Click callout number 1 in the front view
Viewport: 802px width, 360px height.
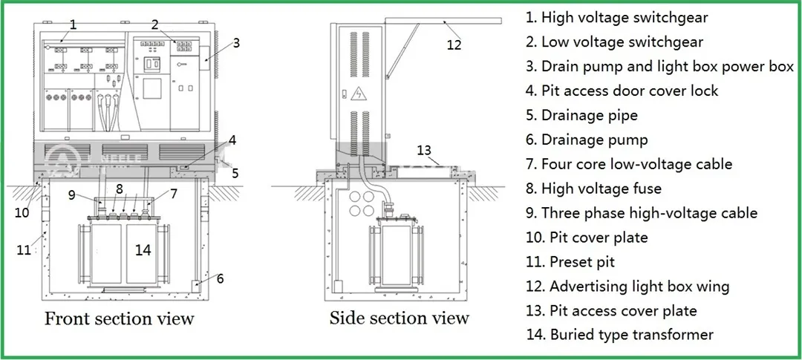(73, 24)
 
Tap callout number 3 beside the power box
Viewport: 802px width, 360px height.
(235, 43)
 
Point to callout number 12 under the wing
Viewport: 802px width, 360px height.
(453, 45)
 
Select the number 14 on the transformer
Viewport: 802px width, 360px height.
(143, 250)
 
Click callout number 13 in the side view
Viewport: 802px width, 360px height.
(424, 151)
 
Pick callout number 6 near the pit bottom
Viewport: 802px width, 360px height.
(220, 278)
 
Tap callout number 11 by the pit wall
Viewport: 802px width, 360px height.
(24, 250)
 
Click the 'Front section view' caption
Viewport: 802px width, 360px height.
(120, 319)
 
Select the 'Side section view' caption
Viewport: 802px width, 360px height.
(400, 318)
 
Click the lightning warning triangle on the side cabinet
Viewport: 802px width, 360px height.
(360, 94)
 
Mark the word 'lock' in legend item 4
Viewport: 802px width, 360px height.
(704, 91)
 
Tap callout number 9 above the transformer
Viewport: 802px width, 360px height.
(71, 196)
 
